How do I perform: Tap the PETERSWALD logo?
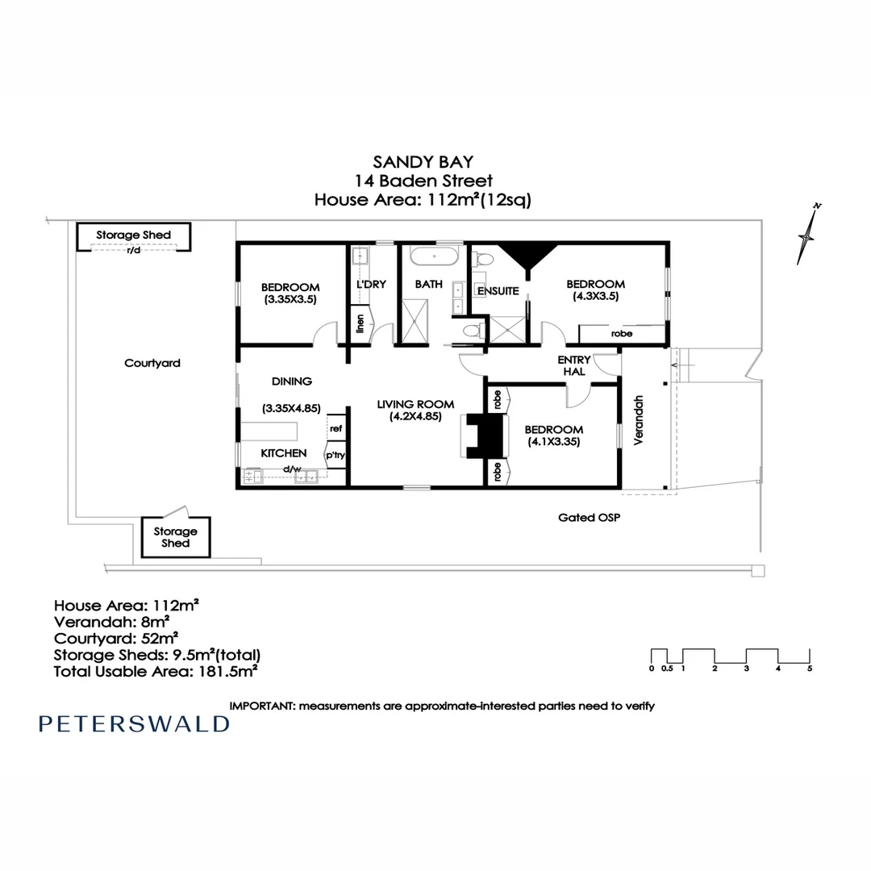pyautogui.click(x=134, y=723)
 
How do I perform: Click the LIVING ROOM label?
pyautogui.click(x=415, y=404)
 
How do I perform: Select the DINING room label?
pyautogui.click(x=291, y=381)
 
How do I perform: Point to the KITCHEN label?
pyautogui.click(x=283, y=453)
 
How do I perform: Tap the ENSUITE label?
pyautogui.click(x=498, y=291)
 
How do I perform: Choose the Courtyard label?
pyautogui.click(x=152, y=364)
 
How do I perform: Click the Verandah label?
pyautogui.click(x=640, y=420)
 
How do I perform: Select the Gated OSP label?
pyautogui.click(x=589, y=517)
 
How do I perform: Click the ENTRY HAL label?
pyautogui.click(x=574, y=365)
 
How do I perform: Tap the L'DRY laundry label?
pyautogui.click(x=372, y=285)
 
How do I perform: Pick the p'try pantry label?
pyautogui.click(x=335, y=456)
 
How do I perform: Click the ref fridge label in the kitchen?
pyautogui.click(x=335, y=429)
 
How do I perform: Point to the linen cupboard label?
pyautogui.click(x=360, y=323)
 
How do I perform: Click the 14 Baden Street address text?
pyautogui.click(x=424, y=181)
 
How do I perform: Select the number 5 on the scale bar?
pyautogui.click(x=810, y=669)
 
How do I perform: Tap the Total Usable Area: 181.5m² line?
pyautogui.click(x=156, y=670)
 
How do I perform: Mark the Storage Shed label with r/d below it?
pyautogui.click(x=134, y=235)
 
